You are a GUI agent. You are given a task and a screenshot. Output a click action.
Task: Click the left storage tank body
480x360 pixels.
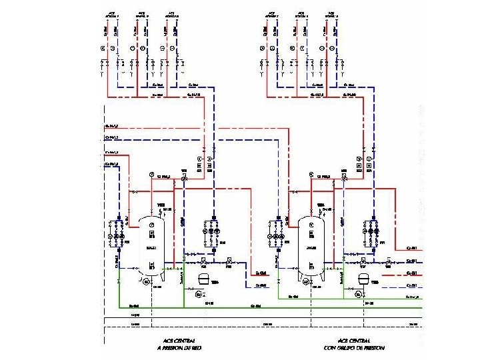click(152, 245)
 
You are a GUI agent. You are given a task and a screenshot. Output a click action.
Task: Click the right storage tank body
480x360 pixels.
click(311, 245)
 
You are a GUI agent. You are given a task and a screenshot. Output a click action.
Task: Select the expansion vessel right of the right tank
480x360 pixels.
click(364, 279)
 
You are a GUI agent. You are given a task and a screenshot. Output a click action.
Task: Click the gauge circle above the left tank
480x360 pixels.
click(152, 175)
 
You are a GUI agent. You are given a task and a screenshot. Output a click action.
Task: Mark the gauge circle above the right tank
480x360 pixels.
click(311, 175)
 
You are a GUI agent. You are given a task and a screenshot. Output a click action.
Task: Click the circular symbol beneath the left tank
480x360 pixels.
click(146, 282)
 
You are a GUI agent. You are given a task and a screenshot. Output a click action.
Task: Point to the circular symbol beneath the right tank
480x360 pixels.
click(305, 282)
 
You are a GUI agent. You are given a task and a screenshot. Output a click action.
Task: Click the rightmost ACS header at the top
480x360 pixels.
click(331, 14)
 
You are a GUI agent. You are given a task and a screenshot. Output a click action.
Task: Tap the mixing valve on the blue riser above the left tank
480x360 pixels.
click(185, 179)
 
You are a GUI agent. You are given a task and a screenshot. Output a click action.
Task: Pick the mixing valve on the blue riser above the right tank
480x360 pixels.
click(344, 179)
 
